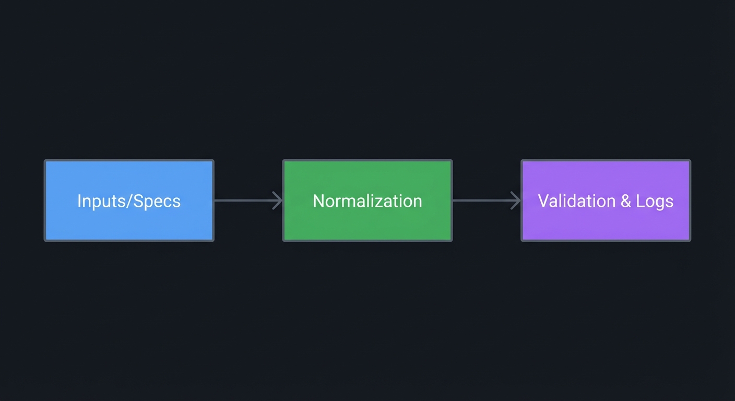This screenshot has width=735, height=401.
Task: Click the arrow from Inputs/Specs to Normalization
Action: tap(245, 200)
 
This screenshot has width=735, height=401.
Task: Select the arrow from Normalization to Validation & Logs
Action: tap(484, 200)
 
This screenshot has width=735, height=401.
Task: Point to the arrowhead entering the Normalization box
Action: tap(278, 200)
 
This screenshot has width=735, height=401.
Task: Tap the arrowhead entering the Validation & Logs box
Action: tap(516, 200)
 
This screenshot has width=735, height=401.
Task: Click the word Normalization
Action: tap(367, 201)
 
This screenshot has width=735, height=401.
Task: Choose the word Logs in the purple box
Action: tap(655, 202)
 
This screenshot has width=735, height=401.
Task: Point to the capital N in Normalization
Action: tap(318, 201)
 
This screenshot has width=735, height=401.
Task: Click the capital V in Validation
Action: tap(543, 201)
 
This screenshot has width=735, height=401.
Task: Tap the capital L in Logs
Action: tap(639, 201)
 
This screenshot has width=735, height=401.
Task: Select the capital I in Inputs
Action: tap(79, 201)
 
